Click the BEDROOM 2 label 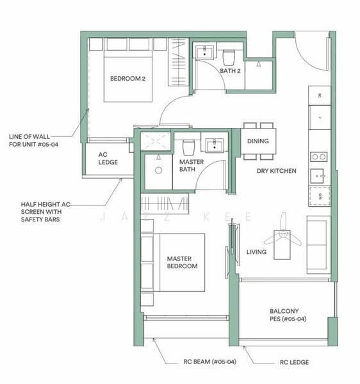pyautogui.click(x=127, y=79)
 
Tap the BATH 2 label pyautogui.click(x=230, y=71)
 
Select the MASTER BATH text pyautogui.click(x=192, y=166)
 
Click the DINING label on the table pyautogui.click(x=258, y=141)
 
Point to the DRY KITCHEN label pyautogui.click(x=277, y=171)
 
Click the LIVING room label pyautogui.click(x=256, y=252)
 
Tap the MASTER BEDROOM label pyautogui.click(x=182, y=262)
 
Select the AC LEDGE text pyautogui.click(x=108, y=159)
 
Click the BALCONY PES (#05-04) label pyautogui.click(x=288, y=315)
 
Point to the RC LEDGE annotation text pyautogui.click(x=294, y=362)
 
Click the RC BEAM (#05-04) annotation pyautogui.click(x=209, y=362)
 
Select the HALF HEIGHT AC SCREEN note pyautogui.click(x=45, y=212)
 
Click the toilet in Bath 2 pyautogui.click(x=229, y=58)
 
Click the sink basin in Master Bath pyautogui.click(x=215, y=145)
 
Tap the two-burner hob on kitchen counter pyautogui.click(x=318, y=157)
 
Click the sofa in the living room pyautogui.click(x=318, y=245)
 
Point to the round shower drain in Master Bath pyautogui.click(x=159, y=170)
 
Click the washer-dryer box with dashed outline pyautogui.click(x=320, y=196)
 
